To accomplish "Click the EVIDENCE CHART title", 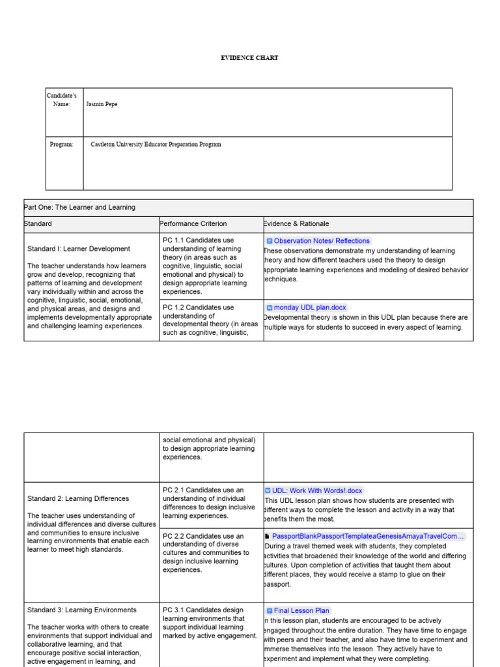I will click(x=249, y=58).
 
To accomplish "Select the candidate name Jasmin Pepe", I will click(x=102, y=104).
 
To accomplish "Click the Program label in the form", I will click(x=62, y=145).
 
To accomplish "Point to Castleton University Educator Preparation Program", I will click(x=156, y=145).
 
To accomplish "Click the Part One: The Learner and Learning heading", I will click(x=79, y=207).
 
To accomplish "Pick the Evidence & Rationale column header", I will click(x=296, y=223).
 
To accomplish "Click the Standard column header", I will click(x=38, y=223).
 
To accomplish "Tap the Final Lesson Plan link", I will click(x=301, y=611).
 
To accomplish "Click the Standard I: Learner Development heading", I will click(x=78, y=249).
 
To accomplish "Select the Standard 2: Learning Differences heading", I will click(x=78, y=499).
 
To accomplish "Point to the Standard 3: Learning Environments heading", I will click(x=82, y=610).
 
